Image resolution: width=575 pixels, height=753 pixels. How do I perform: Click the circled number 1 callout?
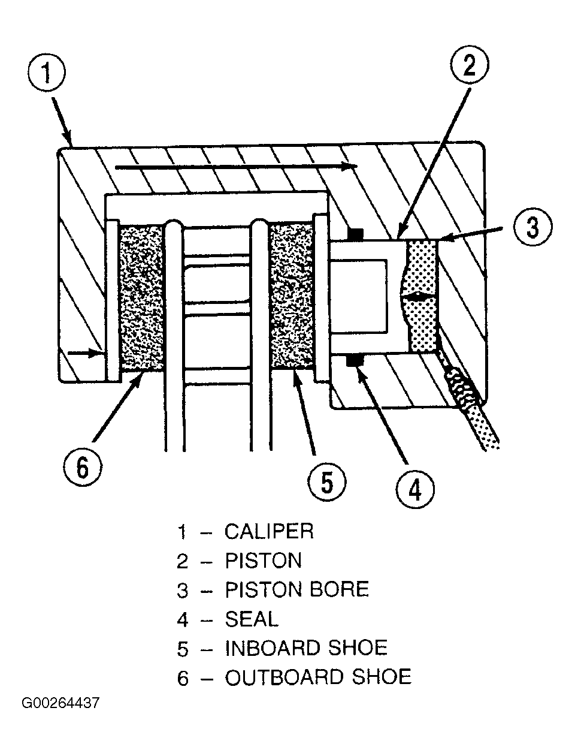coord(46,73)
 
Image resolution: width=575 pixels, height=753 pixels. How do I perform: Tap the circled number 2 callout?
coord(469,65)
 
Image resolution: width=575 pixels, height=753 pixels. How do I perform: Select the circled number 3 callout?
coord(533,227)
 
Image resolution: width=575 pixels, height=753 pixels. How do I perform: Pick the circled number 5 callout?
coord(326,483)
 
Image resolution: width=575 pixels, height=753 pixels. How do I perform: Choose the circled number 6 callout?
coord(83,468)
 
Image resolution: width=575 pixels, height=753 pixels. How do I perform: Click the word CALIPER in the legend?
coord(269,531)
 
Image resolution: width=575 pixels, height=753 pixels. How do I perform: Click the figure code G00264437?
coord(60,703)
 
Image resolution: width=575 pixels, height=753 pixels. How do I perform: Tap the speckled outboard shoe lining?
coord(141,298)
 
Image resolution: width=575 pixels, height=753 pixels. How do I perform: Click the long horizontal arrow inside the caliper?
coord(236,167)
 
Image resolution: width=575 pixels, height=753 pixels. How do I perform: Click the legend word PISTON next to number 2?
coord(263,561)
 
